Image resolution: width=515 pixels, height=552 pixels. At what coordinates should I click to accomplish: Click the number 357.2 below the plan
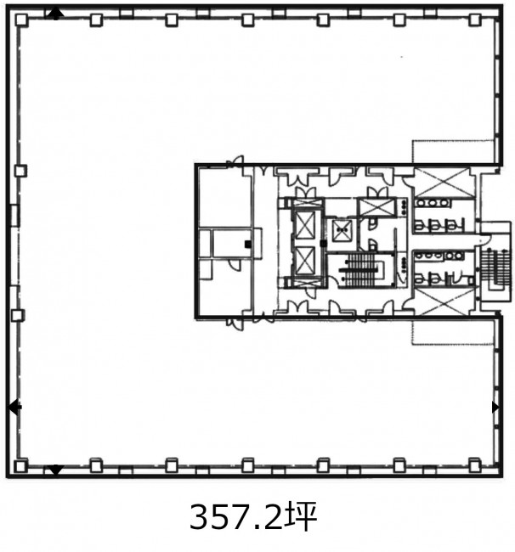click(x=235, y=517)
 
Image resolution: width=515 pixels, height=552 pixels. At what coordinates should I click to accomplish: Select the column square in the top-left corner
click(x=21, y=20)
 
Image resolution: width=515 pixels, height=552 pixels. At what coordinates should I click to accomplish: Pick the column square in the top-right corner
click(x=474, y=20)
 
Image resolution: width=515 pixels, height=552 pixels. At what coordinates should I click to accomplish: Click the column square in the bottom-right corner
click(x=474, y=465)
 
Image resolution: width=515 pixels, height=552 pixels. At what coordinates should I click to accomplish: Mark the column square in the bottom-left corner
click(x=20, y=466)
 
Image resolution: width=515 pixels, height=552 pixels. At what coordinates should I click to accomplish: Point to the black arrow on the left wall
click(x=14, y=408)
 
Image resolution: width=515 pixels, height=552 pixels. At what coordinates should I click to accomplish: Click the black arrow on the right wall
click(x=495, y=408)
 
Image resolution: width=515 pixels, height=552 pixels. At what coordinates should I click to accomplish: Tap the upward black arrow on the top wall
click(x=55, y=14)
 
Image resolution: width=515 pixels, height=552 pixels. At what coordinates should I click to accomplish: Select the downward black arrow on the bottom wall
click(x=55, y=470)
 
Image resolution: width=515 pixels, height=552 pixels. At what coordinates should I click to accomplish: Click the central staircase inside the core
click(x=360, y=270)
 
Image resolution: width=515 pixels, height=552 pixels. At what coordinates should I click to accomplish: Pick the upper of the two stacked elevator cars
click(x=305, y=226)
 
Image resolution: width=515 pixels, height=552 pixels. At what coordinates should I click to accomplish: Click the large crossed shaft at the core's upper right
click(x=443, y=183)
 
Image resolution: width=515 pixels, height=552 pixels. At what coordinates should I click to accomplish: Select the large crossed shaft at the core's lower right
click(x=443, y=301)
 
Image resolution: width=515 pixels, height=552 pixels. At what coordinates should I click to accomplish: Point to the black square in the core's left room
click(x=248, y=244)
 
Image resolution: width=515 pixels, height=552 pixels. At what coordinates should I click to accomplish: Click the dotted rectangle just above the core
click(x=453, y=152)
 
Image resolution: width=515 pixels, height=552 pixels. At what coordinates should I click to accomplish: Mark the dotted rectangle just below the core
click(x=453, y=331)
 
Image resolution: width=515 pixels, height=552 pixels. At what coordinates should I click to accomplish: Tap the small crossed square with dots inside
click(x=342, y=231)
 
